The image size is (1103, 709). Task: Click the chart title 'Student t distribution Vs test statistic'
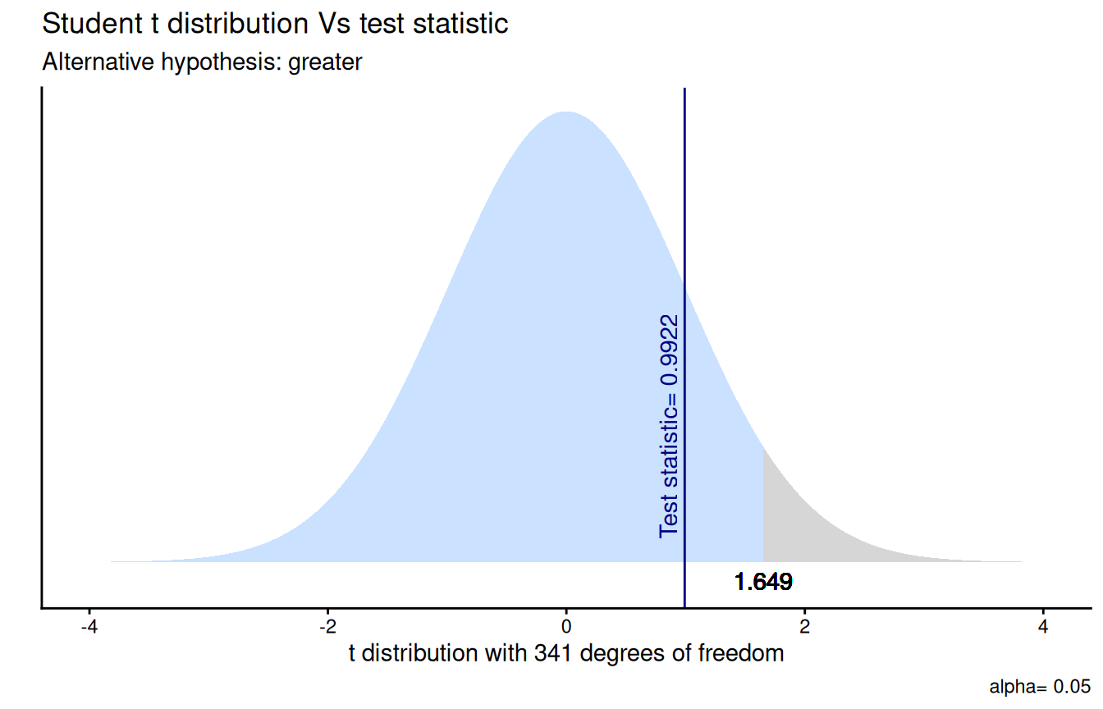point(275,23)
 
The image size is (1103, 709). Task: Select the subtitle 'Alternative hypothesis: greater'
point(202,62)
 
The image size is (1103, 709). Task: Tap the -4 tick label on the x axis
point(89,627)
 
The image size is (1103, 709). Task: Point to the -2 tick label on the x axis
point(327,627)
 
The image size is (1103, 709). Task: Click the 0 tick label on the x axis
point(566,627)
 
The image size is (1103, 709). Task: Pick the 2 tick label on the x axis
point(804,627)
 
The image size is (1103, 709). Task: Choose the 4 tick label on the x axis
point(1043,627)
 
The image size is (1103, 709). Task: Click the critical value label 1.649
point(763,582)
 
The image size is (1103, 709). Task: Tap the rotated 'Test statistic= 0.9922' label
point(669,427)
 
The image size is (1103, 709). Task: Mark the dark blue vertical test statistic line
point(684,348)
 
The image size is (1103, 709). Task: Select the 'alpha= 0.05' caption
point(1040,686)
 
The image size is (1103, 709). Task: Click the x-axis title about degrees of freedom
point(566,654)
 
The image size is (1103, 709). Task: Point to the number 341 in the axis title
point(553,654)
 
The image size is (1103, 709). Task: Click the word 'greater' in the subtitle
point(325,63)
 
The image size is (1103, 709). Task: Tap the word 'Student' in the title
point(92,23)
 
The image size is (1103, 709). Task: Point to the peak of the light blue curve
point(566,112)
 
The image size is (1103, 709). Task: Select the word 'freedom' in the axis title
point(741,653)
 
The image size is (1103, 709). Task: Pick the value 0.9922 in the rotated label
point(669,350)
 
